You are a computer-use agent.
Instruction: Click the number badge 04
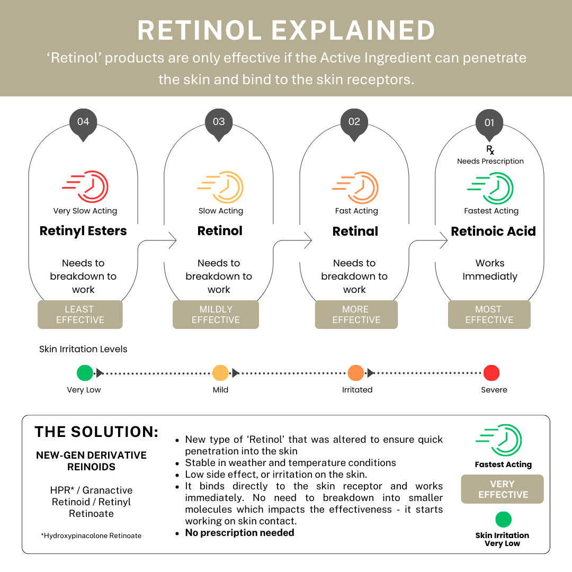(x=83, y=122)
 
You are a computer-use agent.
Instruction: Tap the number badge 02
(x=354, y=122)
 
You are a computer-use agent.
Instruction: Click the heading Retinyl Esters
(x=83, y=231)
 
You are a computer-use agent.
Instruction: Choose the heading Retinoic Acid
(x=493, y=231)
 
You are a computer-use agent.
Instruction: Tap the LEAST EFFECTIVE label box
(x=80, y=315)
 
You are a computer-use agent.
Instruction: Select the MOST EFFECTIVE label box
(x=489, y=315)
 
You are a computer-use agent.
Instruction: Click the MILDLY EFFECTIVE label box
(x=216, y=315)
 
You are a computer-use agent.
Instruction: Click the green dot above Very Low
(x=85, y=373)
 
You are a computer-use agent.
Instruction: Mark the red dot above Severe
(x=491, y=373)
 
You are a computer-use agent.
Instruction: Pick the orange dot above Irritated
(x=356, y=373)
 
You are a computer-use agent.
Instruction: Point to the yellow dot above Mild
(x=220, y=373)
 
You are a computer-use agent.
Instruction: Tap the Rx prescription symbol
(x=490, y=150)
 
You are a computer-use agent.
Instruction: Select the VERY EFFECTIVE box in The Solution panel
(x=503, y=489)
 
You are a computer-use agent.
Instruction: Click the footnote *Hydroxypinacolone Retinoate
(x=91, y=535)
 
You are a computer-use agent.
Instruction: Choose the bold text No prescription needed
(x=239, y=533)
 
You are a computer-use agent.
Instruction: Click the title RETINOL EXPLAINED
(x=286, y=31)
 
